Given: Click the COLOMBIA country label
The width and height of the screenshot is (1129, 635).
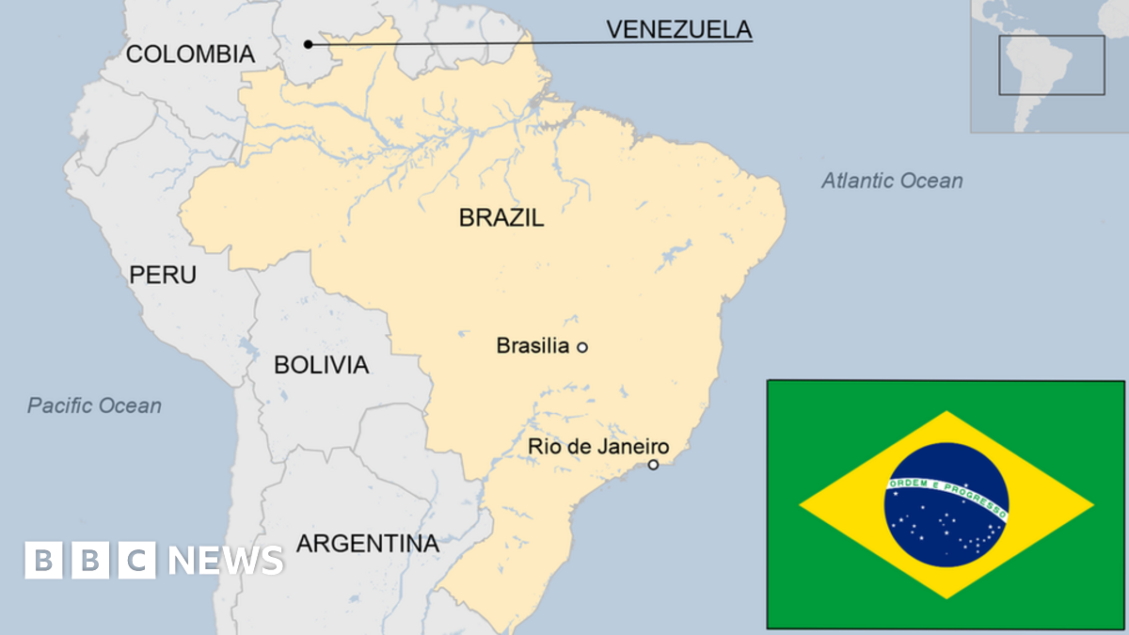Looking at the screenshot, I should click(190, 55).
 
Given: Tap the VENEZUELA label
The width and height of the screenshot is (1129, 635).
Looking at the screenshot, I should click(678, 29).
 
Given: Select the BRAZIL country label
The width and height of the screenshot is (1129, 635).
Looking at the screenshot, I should click(501, 218).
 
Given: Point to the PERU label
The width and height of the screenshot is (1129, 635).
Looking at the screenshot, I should click(163, 275).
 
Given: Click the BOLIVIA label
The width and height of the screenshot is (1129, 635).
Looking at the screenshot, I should click(321, 365).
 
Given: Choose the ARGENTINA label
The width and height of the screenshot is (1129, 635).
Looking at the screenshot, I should click(368, 543).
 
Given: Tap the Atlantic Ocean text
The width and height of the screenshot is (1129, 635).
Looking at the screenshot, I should click(892, 181).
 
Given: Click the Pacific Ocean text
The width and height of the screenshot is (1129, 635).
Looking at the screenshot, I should click(94, 405).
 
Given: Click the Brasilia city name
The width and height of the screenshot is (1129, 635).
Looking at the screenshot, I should click(533, 346).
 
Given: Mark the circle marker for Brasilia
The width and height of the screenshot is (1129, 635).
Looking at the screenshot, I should click(581, 347).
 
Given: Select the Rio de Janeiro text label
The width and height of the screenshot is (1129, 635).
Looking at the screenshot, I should click(598, 447).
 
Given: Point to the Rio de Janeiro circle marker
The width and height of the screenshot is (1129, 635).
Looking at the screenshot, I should click(653, 465).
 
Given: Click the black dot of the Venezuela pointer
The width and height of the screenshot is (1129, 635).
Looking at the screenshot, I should click(308, 43).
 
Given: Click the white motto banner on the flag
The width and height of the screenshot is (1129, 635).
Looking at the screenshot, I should click(946, 493).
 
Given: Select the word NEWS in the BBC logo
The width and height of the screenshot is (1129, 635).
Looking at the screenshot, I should click(226, 561).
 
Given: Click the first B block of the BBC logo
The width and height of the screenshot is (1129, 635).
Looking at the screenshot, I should click(43, 561).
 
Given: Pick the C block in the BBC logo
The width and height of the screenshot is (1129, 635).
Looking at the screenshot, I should click(137, 561).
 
